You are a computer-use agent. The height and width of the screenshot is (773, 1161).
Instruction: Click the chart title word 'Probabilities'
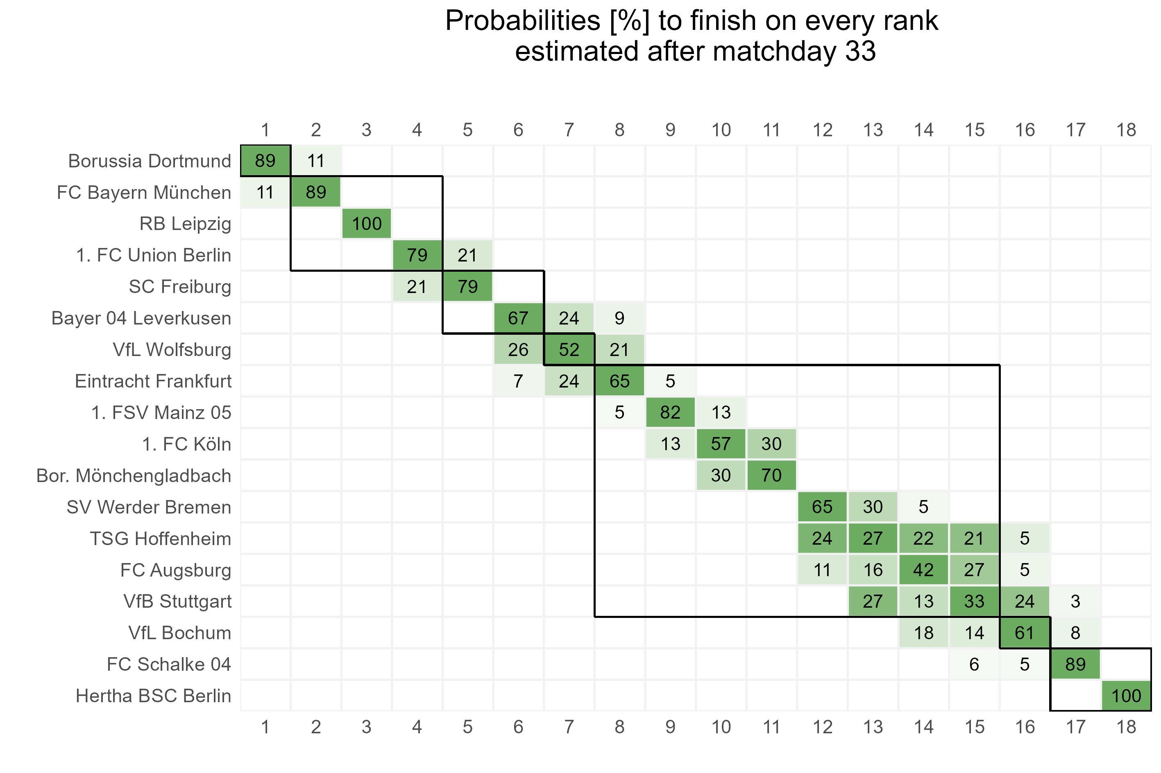click(x=522, y=22)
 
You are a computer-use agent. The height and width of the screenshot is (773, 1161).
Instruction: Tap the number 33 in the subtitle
click(x=861, y=51)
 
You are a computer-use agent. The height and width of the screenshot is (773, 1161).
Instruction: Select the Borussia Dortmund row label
click(x=150, y=161)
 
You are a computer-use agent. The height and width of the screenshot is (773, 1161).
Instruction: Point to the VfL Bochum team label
click(x=179, y=633)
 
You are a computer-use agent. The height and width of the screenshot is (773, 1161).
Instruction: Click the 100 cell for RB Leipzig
click(x=367, y=224)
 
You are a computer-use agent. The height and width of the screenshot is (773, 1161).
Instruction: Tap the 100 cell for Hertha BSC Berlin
click(x=1126, y=696)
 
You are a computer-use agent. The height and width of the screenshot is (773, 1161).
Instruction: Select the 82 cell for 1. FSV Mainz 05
click(x=670, y=412)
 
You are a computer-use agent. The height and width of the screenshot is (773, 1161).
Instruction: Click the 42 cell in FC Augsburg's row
click(x=923, y=570)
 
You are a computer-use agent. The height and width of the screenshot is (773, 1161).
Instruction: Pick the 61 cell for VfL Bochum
click(x=1024, y=633)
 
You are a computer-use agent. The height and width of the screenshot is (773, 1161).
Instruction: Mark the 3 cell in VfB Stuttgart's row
click(x=1075, y=602)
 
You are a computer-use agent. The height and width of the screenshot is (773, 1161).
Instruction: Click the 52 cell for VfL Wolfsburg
click(x=569, y=349)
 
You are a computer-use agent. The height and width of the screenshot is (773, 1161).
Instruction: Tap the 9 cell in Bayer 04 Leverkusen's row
click(x=619, y=318)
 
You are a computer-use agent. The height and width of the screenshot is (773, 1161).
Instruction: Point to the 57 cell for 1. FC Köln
click(x=720, y=444)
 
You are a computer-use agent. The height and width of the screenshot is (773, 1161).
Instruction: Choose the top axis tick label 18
click(x=1126, y=130)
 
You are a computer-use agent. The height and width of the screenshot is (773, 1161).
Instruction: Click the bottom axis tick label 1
click(x=265, y=727)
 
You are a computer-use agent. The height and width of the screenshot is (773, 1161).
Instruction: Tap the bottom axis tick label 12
click(x=822, y=727)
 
